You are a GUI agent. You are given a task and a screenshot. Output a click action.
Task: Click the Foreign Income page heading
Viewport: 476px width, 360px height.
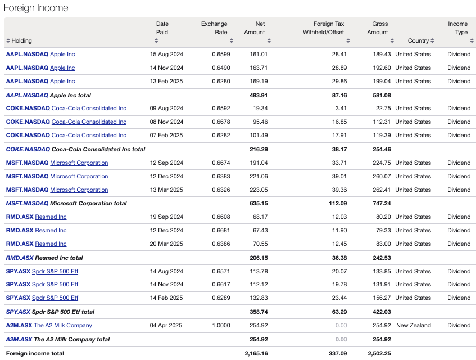(36, 8)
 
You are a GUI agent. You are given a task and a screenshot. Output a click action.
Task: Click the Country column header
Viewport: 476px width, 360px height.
(418, 40)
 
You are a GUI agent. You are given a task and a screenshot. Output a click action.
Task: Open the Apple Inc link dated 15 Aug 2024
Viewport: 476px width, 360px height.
(62, 54)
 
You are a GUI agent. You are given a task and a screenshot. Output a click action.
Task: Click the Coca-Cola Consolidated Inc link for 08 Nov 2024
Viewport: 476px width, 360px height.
(89, 121)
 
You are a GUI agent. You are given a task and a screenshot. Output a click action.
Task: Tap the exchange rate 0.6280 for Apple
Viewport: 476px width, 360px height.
(220, 81)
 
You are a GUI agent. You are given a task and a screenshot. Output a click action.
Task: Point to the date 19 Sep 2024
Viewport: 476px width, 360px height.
(166, 217)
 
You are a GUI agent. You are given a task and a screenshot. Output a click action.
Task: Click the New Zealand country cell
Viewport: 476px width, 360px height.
(414, 325)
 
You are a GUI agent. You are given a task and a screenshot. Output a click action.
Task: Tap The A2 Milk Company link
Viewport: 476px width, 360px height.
(63, 325)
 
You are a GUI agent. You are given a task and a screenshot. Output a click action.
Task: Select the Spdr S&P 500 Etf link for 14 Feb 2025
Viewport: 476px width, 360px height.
(55, 298)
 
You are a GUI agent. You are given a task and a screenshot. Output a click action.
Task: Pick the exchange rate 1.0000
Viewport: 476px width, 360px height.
(220, 325)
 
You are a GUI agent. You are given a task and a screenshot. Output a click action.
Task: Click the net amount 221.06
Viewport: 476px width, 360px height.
(256, 176)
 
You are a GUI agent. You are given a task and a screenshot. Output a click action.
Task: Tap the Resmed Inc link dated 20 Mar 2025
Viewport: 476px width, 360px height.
(51, 244)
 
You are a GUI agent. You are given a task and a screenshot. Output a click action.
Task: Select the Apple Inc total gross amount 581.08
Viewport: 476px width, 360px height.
(382, 95)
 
